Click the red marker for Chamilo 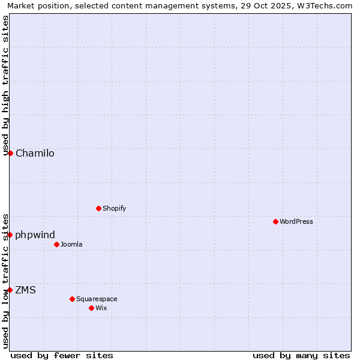[x=10, y=153]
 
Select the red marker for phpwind [x=10, y=235]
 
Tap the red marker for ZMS [x=10, y=290]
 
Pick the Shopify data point [x=98, y=208]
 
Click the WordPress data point [x=275, y=221]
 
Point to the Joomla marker [x=56, y=244]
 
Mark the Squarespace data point [x=72, y=299]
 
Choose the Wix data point [x=91, y=308]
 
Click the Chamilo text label [x=35, y=153]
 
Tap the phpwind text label [x=35, y=235]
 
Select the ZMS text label [x=25, y=290]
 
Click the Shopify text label [x=114, y=208]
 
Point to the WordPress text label [x=296, y=221]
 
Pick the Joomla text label [x=71, y=244]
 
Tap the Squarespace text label [x=97, y=299]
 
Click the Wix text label [x=101, y=308]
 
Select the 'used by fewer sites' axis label [x=62, y=355]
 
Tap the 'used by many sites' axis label [x=301, y=355]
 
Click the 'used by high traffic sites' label [x=5, y=85]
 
